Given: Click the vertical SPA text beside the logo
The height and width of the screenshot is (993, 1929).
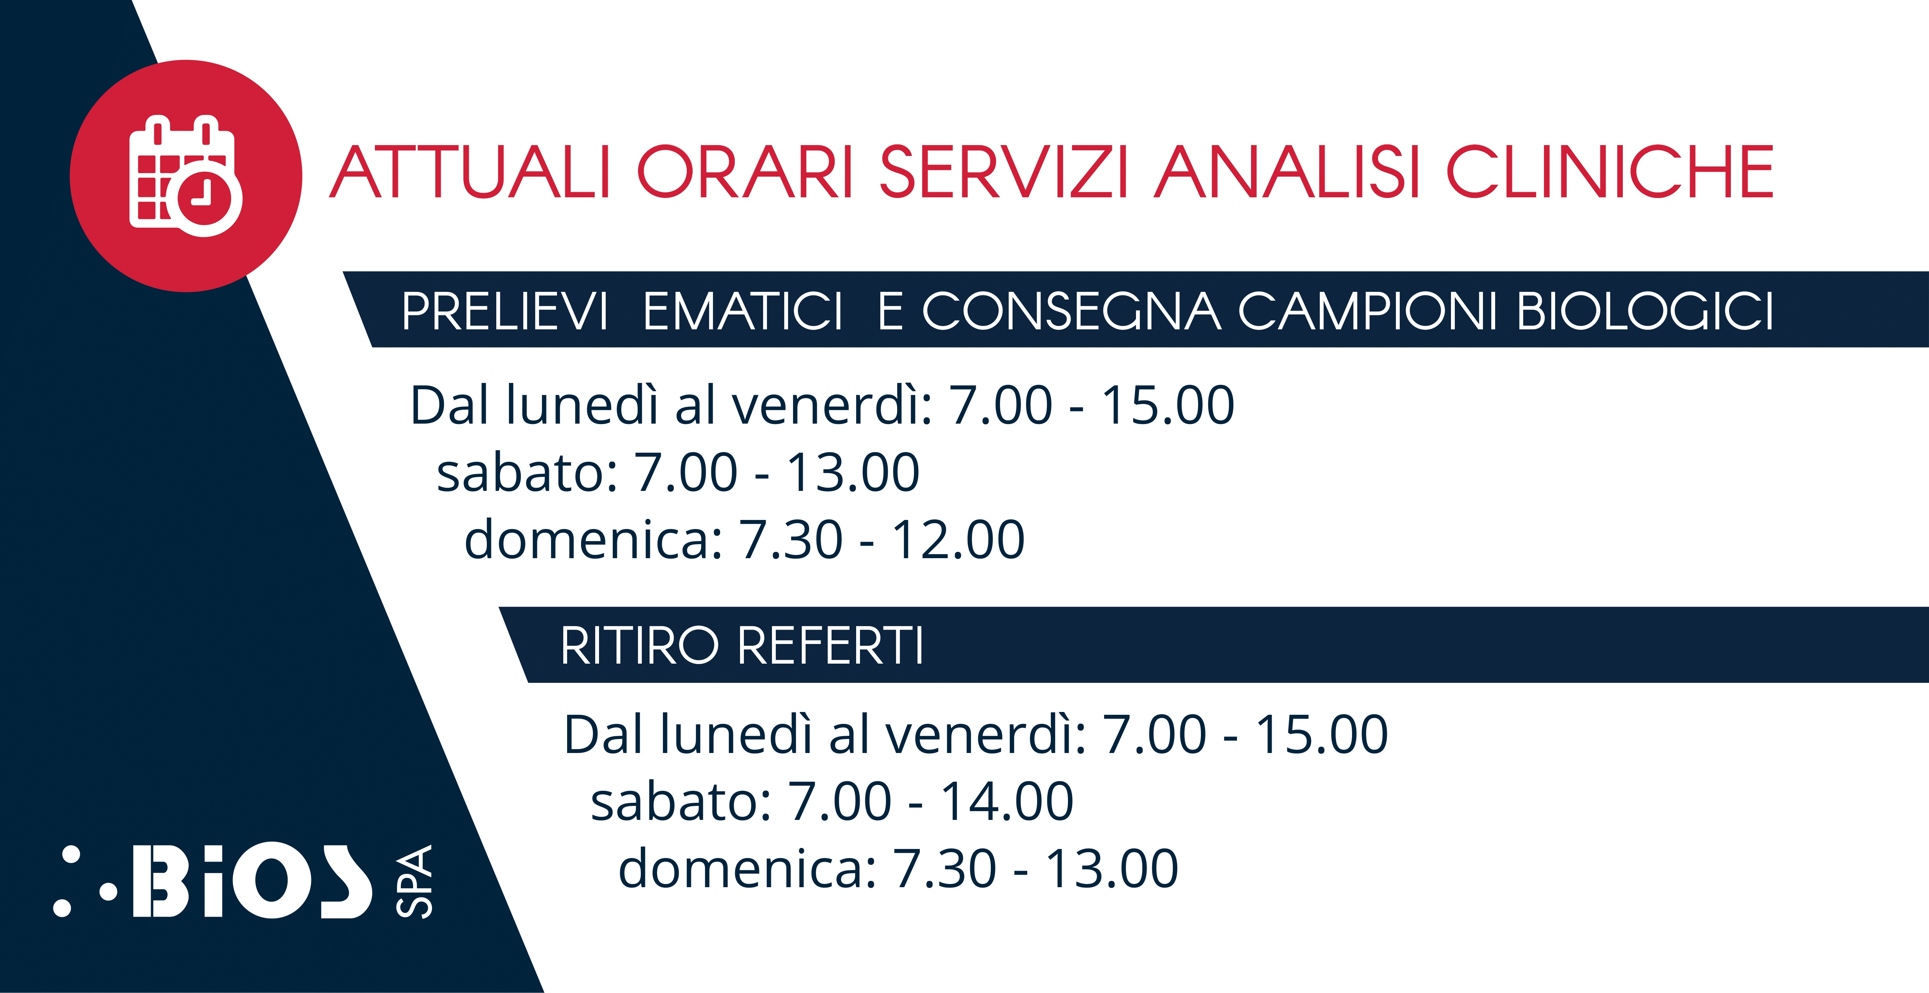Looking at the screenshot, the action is (x=414, y=882).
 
